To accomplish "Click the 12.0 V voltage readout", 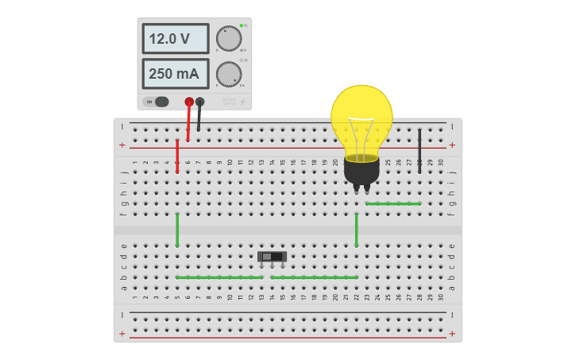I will [175, 38].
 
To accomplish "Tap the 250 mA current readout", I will [175, 74].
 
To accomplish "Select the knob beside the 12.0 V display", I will [229, 38].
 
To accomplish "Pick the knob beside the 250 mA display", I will [229, 74].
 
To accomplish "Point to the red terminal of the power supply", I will [189, 102].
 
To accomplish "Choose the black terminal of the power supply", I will [200, 102].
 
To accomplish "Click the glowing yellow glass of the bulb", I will [361, 115].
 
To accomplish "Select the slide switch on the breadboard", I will [273, 257].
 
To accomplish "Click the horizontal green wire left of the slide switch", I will [219, 277].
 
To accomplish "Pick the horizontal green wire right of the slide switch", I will [314, 277].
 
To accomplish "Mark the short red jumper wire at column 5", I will [177, 157].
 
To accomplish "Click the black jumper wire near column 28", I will [419, 151].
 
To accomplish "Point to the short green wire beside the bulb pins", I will [393, 204].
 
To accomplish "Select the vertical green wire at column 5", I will [177, 230].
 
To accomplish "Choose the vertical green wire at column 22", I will [357, 230].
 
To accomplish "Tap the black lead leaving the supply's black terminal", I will [199, 119].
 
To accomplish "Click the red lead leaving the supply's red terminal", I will [189, 123].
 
